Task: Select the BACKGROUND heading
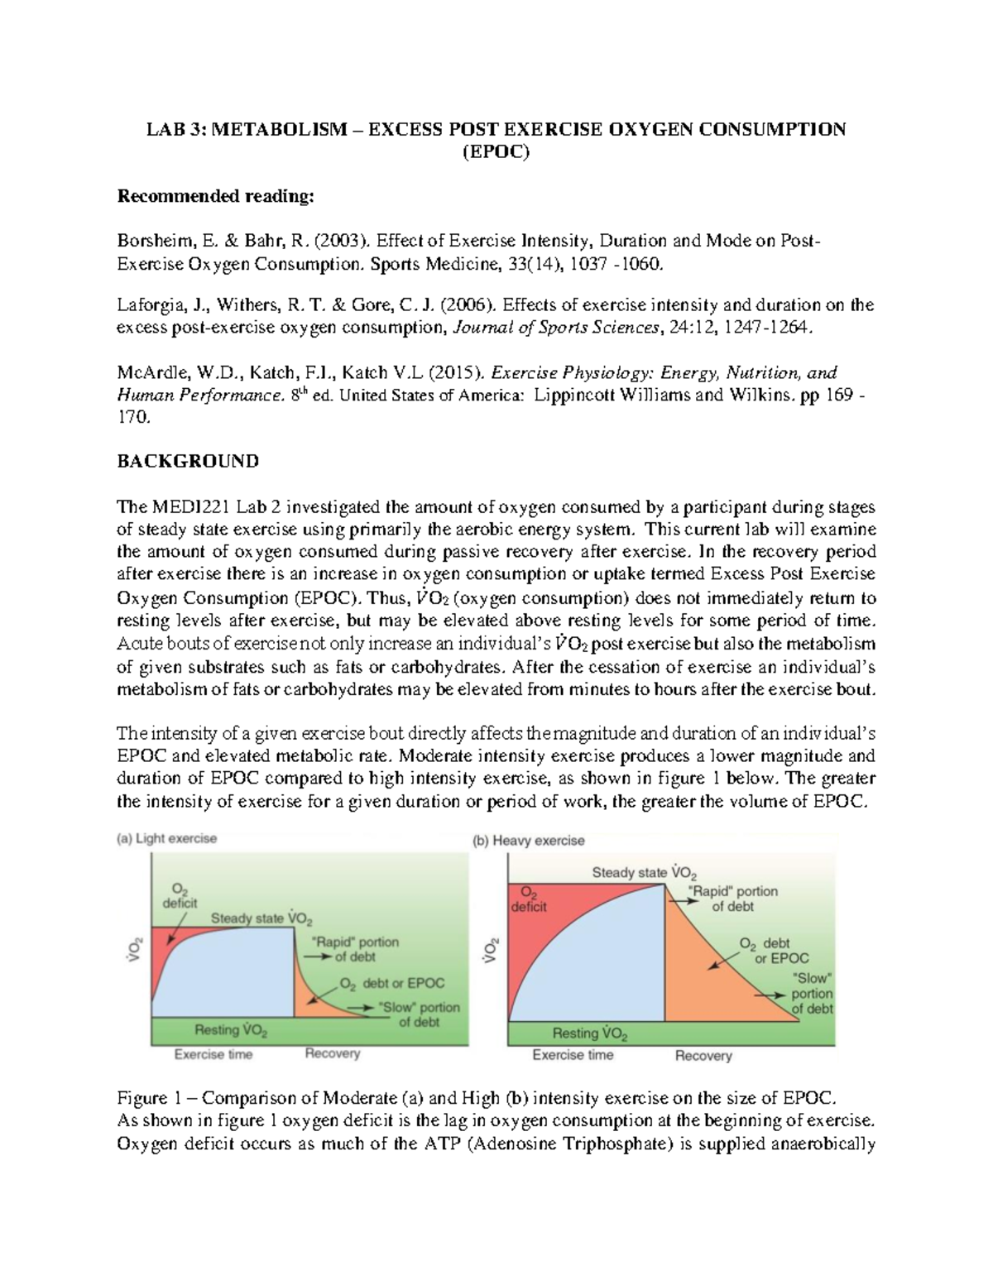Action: [x=187, y=461]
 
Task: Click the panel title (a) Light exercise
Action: [x=165, y=838]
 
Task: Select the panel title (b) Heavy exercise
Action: [x=528, y=841]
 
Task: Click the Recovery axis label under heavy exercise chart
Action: [x=703, y=1056]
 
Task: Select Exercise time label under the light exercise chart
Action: [x=213, y=1054]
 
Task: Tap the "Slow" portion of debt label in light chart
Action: [x=419, y=1014]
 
